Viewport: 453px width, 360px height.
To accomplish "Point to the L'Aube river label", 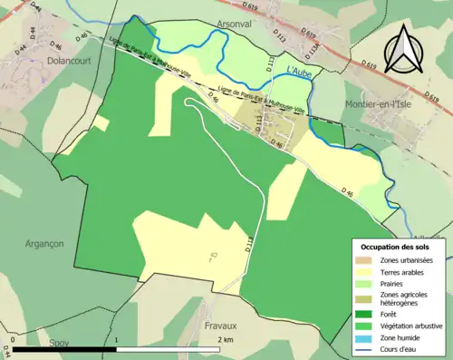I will tap(298, 70).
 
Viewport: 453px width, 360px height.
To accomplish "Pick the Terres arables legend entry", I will tap(402, 273).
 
